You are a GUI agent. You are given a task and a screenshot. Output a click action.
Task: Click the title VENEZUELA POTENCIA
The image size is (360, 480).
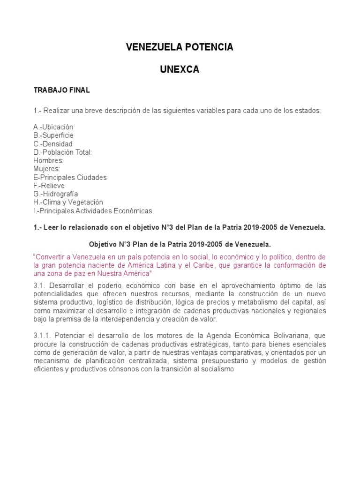(x=180, y=47)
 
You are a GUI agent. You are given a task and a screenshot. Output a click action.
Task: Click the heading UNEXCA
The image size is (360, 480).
(x=180, y=69)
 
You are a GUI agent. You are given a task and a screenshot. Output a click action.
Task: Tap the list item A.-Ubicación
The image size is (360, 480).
(x=53, y=127)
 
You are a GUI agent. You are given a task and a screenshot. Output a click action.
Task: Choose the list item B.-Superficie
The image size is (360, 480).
(x=54, y=135)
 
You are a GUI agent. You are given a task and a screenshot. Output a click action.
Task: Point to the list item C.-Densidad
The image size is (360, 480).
(x=53, y=144)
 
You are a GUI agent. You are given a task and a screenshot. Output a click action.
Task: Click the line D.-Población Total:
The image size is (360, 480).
(x=63, y=152)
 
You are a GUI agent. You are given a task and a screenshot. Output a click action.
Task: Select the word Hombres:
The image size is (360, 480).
(x=48, y=161)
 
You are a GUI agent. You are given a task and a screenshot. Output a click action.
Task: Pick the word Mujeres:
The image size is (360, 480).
(x=46, y=169)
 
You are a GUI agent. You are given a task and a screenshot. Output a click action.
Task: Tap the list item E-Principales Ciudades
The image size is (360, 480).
(x=70, y=177)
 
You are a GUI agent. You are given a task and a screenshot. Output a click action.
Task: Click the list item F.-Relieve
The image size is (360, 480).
(x=49, y=186)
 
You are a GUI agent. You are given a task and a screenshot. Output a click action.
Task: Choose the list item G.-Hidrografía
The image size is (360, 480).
(x=55, y=194)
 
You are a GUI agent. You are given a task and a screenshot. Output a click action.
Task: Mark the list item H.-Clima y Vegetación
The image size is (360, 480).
(x=68, y=202)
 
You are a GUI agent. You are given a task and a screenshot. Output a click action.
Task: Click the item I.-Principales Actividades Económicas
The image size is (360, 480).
(x=93, y=211)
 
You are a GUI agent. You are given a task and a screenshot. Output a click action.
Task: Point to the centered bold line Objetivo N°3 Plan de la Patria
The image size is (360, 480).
(x=180, y=245)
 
